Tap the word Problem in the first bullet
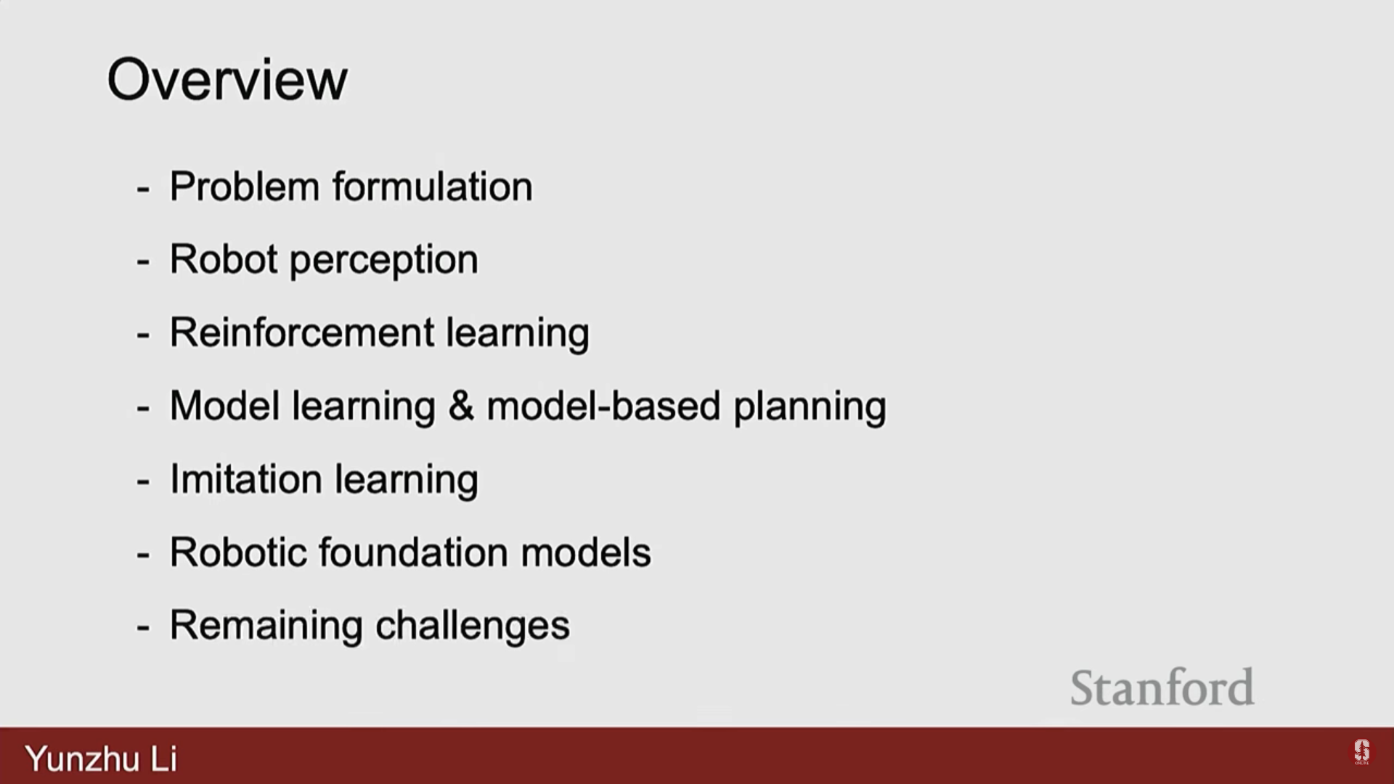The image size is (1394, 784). [x=245, y=186]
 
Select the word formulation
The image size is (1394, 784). [x=433, y=186]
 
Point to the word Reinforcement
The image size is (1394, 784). [x=301, y=332]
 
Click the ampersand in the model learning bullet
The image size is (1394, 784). [x=461, y=406]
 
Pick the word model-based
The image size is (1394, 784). [x=603, y=406]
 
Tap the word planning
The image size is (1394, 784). [x=810, y=408]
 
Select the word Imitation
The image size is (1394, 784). [x=246, y=479]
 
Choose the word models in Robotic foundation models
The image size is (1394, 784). [x=586, y=552]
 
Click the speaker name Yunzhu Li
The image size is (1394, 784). [x=101, y=759]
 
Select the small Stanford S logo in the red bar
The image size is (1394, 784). [x=1361, y=752]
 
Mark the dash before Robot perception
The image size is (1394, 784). [x=143, y=261]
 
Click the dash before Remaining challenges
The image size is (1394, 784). [x=143, y=627]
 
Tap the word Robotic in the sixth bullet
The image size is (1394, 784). [x=238, y=552]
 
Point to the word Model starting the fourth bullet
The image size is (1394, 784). [x=225, y=406]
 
